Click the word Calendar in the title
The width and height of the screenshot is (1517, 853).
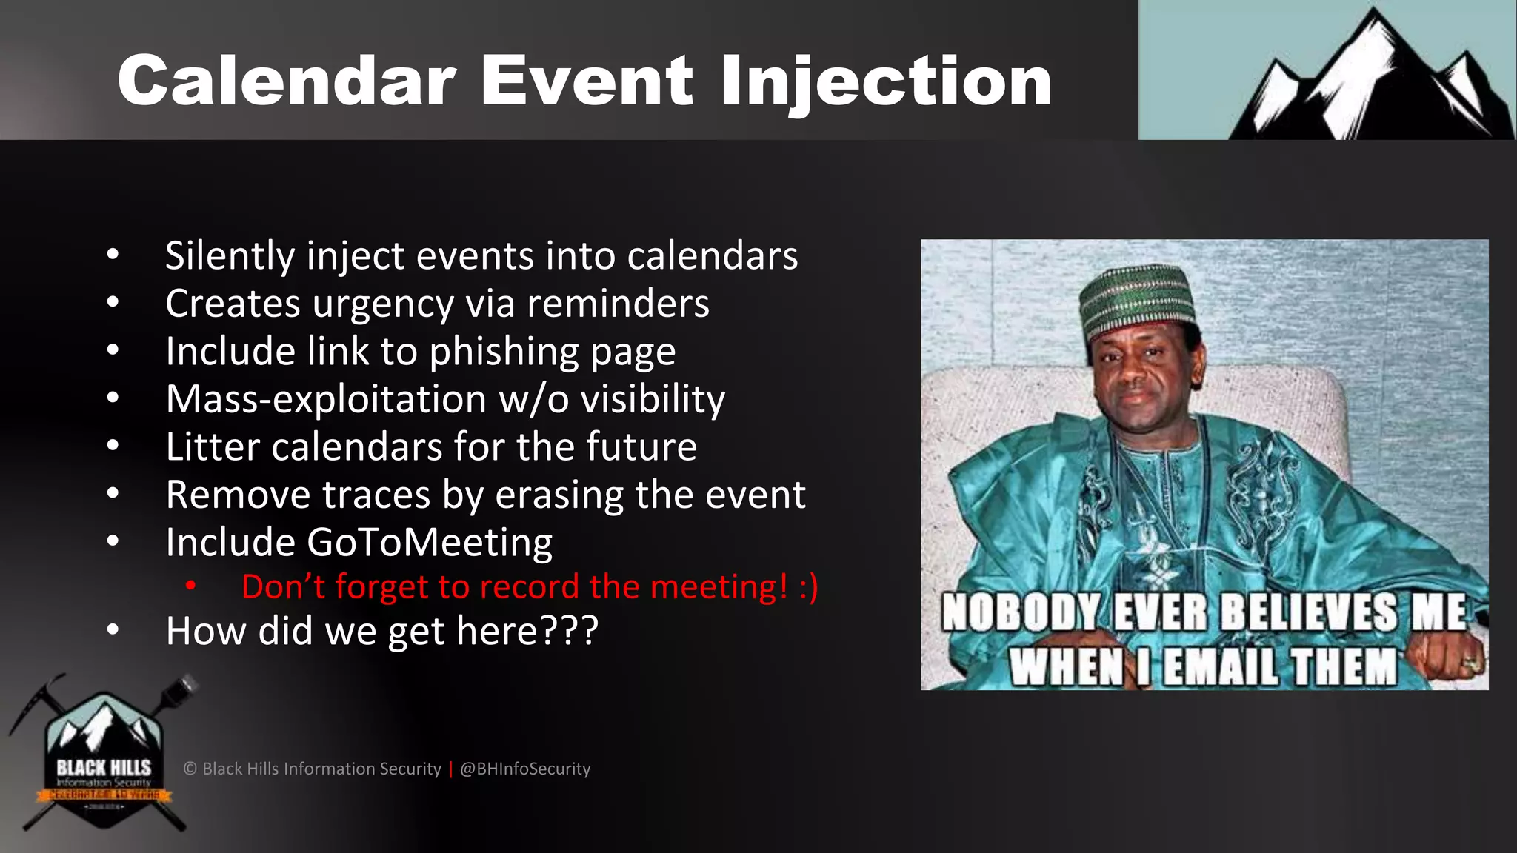coord(287,81)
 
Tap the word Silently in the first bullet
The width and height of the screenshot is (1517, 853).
coord(230,256)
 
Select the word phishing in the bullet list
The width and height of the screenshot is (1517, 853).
coord(501,352)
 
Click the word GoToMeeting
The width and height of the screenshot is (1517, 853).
coord(430,543)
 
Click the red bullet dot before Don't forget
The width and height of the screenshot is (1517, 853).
coord(191,586)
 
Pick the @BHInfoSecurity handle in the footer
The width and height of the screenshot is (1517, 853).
coord(525,769)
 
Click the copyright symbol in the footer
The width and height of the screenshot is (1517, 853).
coord(190,769)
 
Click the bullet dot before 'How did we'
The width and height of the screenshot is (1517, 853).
coord(113,630)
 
